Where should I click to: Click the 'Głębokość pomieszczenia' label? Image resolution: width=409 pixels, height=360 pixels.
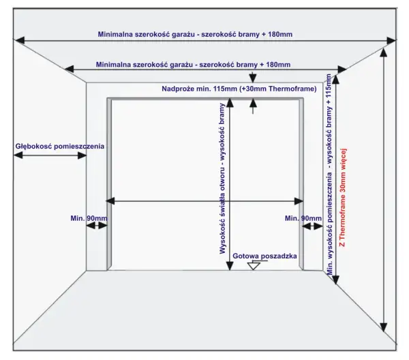[x=60, y=147]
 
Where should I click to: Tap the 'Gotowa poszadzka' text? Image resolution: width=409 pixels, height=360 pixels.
[x=264, y=256]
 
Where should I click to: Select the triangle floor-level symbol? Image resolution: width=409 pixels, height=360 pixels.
[x=254, y=266]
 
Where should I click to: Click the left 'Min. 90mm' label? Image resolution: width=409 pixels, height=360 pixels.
[x=89, y=218]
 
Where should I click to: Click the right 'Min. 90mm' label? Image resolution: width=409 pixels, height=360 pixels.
[x=303, y=218]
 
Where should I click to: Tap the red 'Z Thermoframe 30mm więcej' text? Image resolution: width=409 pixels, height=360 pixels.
[x=342, y=198]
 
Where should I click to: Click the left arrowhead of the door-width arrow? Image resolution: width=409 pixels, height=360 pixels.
[x=110, y=201]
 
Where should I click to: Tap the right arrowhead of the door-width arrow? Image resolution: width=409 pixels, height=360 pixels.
[x=299, y=201]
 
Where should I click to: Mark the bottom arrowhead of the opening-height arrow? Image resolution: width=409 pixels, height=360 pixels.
[x=230, y=266]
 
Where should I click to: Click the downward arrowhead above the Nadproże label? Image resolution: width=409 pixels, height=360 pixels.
[x=252, y=78]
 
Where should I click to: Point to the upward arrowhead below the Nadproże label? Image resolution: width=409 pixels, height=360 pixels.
[x=252, y=103]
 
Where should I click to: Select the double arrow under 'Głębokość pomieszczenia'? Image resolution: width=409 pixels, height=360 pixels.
[x=50, y=155]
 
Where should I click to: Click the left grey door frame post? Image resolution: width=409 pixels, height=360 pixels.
[x=109, y=184]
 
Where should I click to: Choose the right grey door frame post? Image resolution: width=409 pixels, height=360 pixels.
[x=301, y=184]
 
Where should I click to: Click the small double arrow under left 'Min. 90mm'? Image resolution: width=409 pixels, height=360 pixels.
[x=97, y=226]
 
